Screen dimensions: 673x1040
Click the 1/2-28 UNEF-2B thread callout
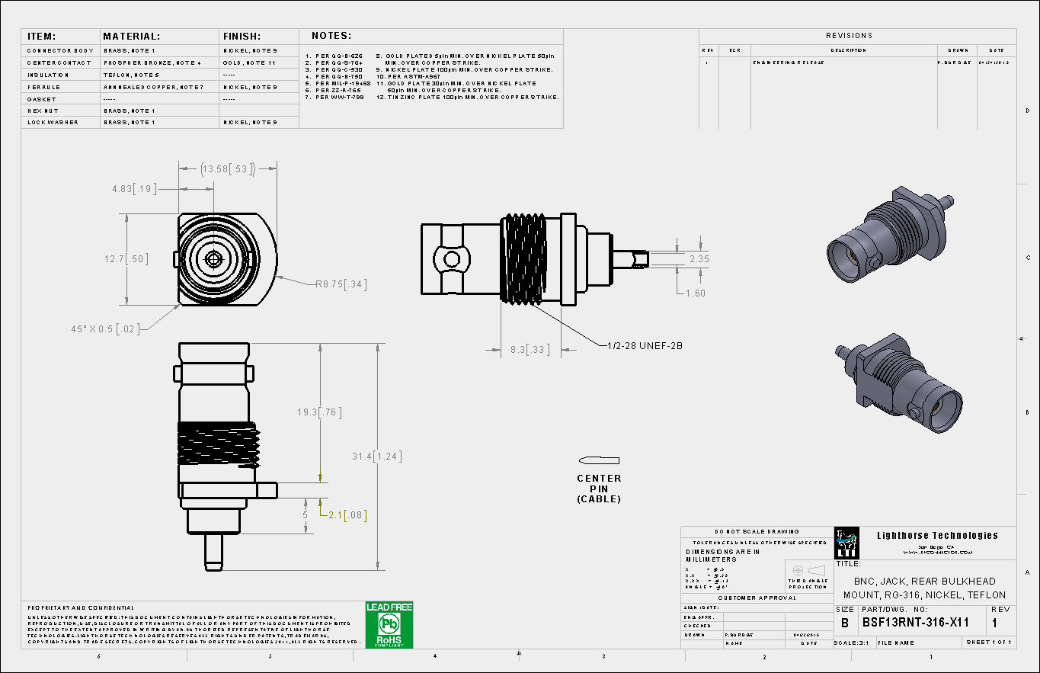tap(645, 345)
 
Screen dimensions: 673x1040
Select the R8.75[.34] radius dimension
tap(341, 284)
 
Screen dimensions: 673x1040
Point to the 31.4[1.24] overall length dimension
tap(376, 457)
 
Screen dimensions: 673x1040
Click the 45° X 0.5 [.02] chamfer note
tap(105, 328)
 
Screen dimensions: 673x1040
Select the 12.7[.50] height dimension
tap(126, 259)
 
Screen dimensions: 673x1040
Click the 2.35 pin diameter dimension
tap(699, 259)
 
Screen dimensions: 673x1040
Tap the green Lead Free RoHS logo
tap(389, 625)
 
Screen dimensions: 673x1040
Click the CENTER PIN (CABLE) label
tap(599, 489)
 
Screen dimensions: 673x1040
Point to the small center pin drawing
tap(600, 460)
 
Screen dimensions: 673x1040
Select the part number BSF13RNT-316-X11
tap(915, 623)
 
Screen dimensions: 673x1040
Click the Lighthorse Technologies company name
tap(937, 535)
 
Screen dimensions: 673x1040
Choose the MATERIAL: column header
tap(131, 36)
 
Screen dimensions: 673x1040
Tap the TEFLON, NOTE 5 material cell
tap(131, 75)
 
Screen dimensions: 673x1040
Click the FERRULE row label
tap(43, 87)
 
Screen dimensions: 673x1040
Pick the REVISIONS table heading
tap(849, 36)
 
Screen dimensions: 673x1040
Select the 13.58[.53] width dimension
tap(226, 168)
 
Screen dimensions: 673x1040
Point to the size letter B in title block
tap(844, 623)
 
